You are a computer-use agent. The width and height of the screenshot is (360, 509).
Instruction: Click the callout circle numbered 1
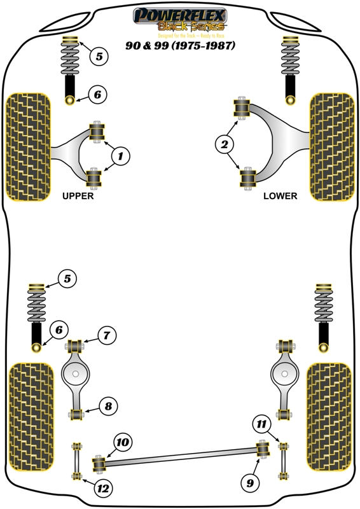(121, 155)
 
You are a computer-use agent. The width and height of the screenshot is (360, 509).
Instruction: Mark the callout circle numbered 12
(102, 489)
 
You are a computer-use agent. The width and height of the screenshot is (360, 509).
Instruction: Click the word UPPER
(78, 197)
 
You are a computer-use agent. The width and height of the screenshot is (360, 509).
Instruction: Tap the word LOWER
(280, 197)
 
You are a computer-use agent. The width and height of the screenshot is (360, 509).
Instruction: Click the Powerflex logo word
(179, 15)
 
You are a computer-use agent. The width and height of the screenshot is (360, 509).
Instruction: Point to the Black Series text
(179, 27)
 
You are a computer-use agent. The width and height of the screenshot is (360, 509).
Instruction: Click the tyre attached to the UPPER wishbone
(27, 145)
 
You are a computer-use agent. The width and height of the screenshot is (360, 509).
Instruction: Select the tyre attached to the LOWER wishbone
(331, 145)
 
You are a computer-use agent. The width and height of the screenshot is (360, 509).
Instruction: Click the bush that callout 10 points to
(99, 464)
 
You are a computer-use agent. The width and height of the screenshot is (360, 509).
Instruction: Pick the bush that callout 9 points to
(261, 449)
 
